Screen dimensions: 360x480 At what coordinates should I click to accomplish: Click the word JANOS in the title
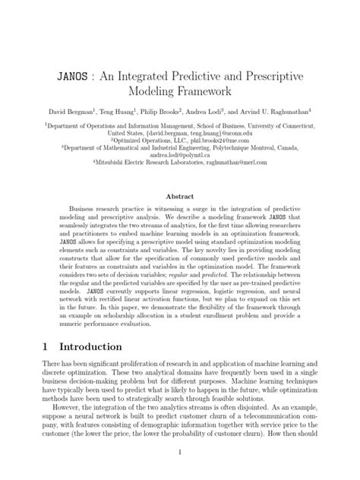[x=76, y=78]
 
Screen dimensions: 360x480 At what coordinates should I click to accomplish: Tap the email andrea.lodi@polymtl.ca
[x=180, y=154]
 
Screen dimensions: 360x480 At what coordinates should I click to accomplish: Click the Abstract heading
[x=180, y=194]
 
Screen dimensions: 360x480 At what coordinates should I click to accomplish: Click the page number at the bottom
[x=180, y=453]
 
